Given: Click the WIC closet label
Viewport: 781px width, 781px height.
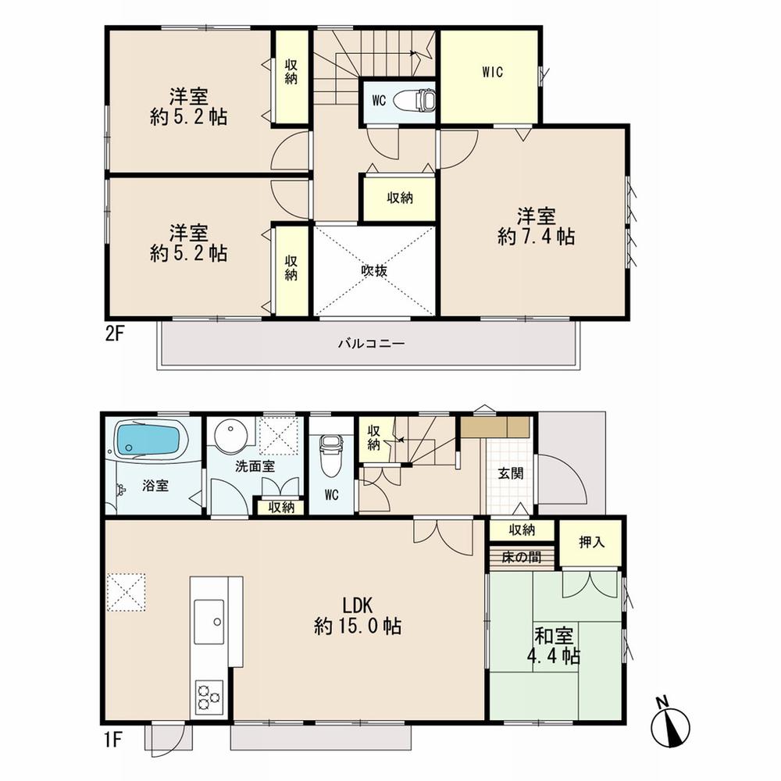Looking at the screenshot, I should [492, 73].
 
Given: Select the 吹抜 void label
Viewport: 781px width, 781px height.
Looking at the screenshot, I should [375, 270].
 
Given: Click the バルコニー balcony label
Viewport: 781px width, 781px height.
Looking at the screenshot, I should [371, 343].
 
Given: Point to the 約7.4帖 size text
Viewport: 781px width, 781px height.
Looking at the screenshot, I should [536, 237].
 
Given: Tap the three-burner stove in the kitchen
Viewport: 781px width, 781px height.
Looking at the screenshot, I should [209, 695].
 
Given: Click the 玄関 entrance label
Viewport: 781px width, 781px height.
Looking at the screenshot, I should [511, 473].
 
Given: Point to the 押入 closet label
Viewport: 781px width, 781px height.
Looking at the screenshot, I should [591, 541].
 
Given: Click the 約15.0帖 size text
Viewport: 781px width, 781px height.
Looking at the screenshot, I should [358, 626].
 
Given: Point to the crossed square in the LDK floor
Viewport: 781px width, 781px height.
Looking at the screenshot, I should [127, 592].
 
